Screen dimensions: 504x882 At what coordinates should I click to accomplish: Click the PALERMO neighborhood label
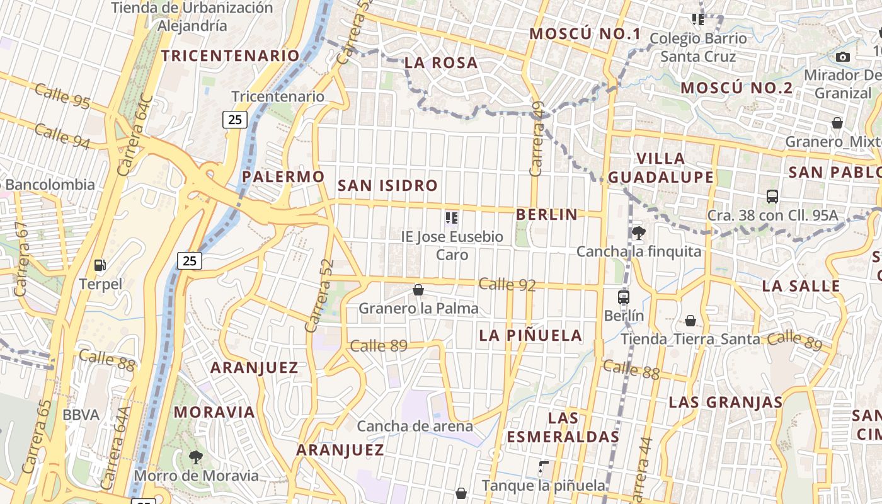[283, 176]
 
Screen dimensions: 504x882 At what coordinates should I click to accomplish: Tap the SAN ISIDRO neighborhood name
[387, 186]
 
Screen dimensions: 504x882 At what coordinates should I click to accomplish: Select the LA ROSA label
[441, 63]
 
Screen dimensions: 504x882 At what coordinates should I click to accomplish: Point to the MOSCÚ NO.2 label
[736, 88]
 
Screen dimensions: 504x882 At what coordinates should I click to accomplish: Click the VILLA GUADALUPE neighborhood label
[660, 168]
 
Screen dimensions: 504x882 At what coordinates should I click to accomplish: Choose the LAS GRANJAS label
[726, 402]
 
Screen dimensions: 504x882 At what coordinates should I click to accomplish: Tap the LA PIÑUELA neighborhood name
[531, 335]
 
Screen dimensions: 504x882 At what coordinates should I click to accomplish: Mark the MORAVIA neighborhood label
[214, 413]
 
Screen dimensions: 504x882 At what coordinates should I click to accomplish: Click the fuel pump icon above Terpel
[100, 265]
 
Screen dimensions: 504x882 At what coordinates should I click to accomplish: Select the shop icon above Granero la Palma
[418, 290]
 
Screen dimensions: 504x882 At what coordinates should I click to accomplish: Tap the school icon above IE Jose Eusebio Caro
[452, 218]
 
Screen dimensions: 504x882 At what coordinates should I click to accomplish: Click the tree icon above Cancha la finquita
[638, 233]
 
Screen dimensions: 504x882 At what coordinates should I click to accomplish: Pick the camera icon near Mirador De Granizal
[843, 57]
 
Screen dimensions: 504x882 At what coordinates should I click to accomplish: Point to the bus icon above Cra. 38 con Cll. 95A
[772, 196]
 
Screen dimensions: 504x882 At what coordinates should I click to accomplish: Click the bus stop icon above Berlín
[624, 297]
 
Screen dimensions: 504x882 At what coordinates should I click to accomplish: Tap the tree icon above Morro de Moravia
[196, 457]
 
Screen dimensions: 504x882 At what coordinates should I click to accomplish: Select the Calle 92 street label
[507, 285]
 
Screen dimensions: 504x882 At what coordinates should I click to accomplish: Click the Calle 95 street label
[62, 96]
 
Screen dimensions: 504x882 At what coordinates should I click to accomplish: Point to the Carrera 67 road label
[21, 259]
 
